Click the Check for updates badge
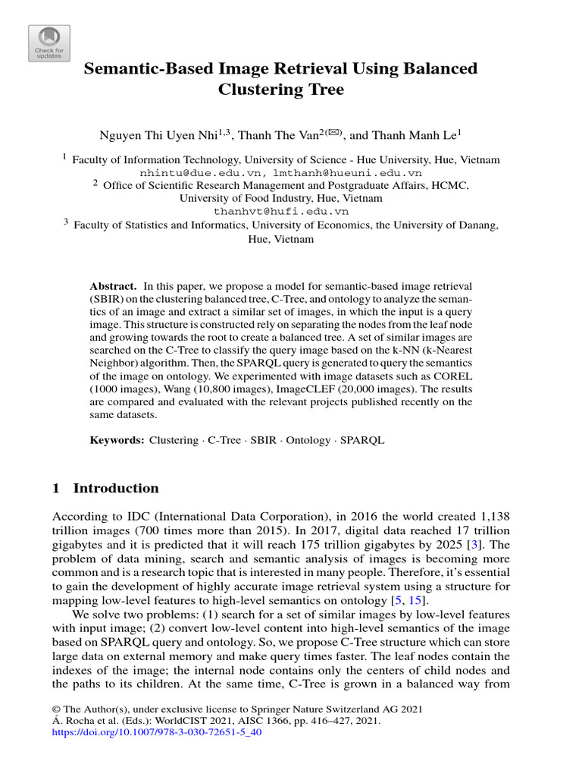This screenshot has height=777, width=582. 49,43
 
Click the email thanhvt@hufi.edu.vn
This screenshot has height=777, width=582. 281,212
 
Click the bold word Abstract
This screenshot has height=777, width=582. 113,286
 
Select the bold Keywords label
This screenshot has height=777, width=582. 117,440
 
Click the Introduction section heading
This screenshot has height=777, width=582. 115,488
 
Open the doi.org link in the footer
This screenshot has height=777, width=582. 156,735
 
